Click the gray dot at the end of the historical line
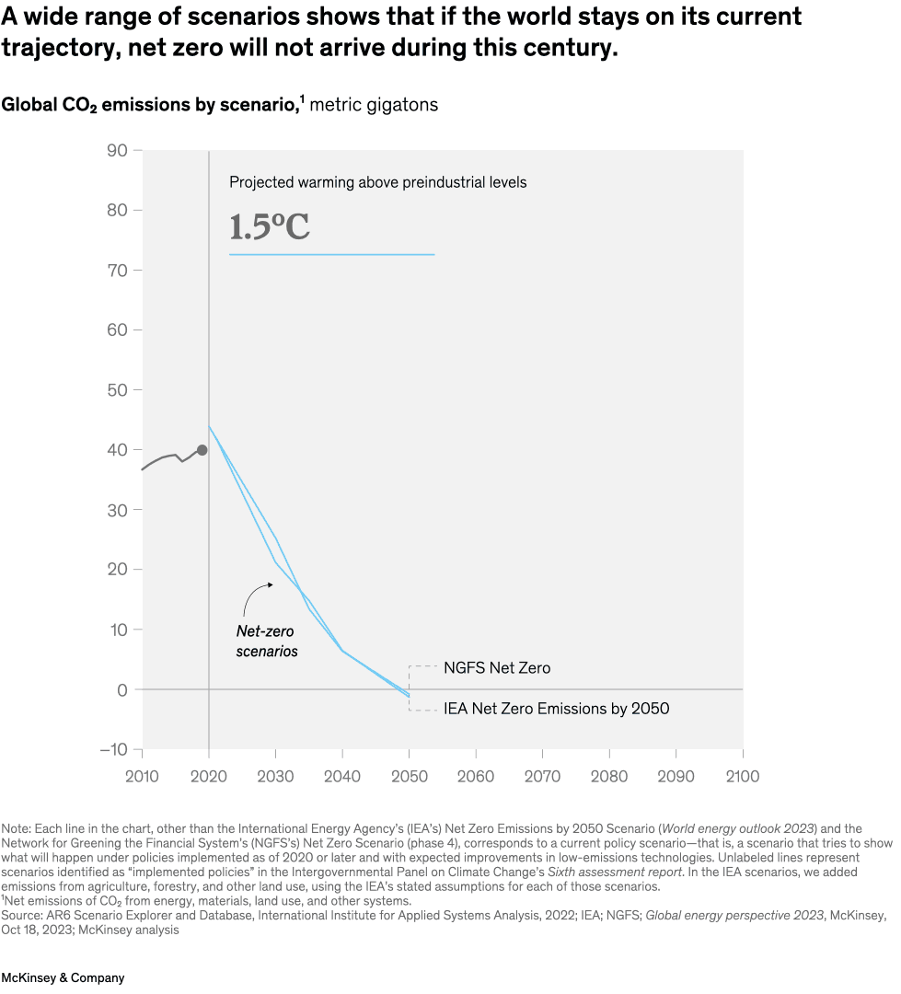pyautogui.click(x=202, y=450)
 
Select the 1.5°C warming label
pyautogui.click(x=270, y=227)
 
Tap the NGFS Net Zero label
pyautogui.click(x=497, y=668)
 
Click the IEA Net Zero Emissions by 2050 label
pyautogui.click(x=556, y=709)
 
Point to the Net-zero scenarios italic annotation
pyautogui.click(x=267, y=641)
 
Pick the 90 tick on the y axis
pyautogui.click(x=117, y=150)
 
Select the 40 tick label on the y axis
pyautogui.click(x=117, y=450)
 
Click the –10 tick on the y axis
pyautogui.click(x=113, y=749)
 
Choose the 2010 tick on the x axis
pyautogui.click(x=143, y=777)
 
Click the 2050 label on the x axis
pyautogui.click(x=410, y=777)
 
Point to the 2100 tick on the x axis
pyautogui.click(x=742, y=777)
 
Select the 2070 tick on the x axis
pyautogui.click(x=542, y=777)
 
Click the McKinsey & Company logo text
pyautogui.click(x=63, y=977)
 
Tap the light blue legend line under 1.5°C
pyautogui.click(x=331, y=254)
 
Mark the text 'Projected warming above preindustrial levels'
pyautogui.click(x=377, y=182)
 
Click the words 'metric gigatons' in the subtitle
pyautogui.click(x=374, y=105)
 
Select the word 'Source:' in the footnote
pyautogui.click(x=22, y=917)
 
